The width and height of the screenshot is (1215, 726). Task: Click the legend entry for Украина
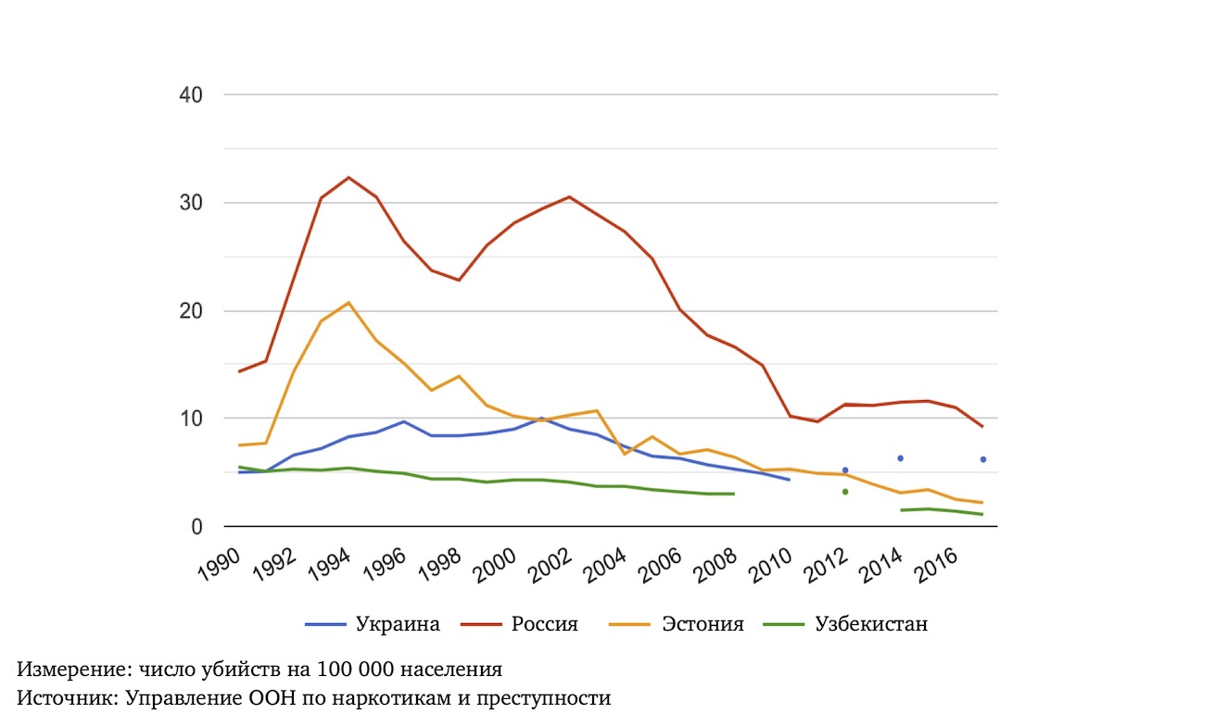pos(397,624)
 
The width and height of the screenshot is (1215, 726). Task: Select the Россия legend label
pos(544,624)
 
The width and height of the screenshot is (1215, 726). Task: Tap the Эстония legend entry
pos(702,624)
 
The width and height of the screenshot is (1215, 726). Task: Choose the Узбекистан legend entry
pos(870,624)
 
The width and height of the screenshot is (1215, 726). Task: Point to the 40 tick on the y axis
pos(192,95)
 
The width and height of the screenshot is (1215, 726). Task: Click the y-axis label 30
pos(192,203)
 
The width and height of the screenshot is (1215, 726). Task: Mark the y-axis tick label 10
pos(192,419)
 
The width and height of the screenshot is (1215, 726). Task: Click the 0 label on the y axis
pos(197,527)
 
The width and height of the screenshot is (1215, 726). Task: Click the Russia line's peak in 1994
pos(348,177)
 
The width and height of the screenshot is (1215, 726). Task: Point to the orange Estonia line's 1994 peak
pos(348,303)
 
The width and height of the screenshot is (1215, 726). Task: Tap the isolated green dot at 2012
pos(845,492)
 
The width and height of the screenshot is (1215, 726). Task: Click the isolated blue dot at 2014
pos(900,458)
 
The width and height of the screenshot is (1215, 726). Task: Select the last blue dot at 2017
pos(983,459)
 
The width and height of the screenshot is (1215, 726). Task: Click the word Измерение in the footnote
pos(66,670)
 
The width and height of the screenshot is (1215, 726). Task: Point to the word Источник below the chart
pos(62,698)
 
